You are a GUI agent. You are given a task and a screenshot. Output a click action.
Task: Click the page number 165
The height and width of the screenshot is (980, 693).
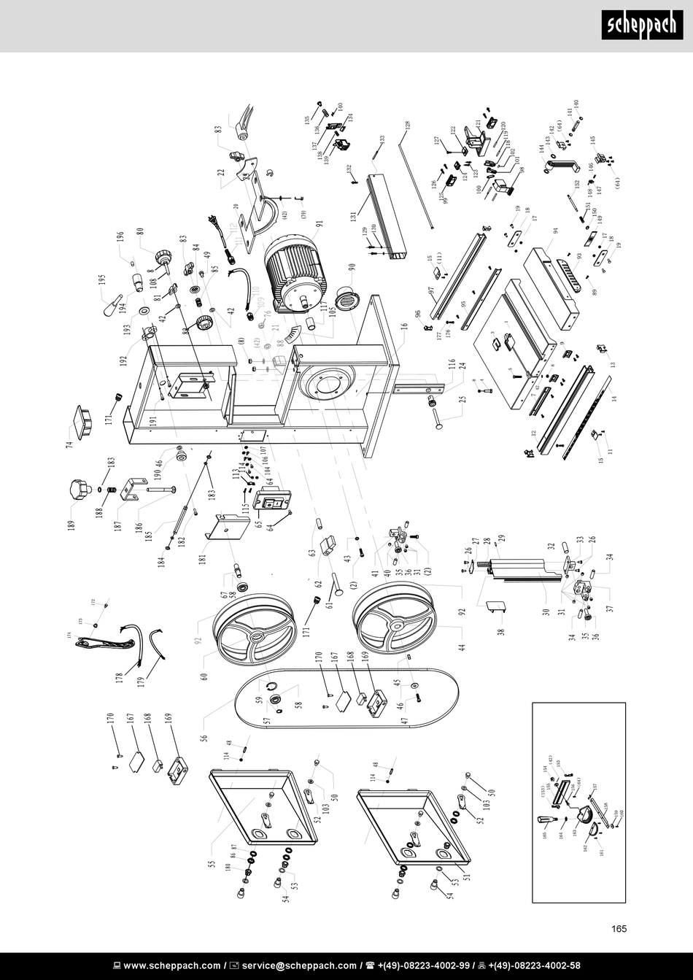[x=619, y=929]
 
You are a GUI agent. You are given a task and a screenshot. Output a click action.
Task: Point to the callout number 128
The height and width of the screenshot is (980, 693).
[x=408, y=126]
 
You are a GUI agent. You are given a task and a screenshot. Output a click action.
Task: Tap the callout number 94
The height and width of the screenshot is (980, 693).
[x=555, y=231]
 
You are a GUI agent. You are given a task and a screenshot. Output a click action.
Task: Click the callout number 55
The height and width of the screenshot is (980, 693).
[x=212, y=866]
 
